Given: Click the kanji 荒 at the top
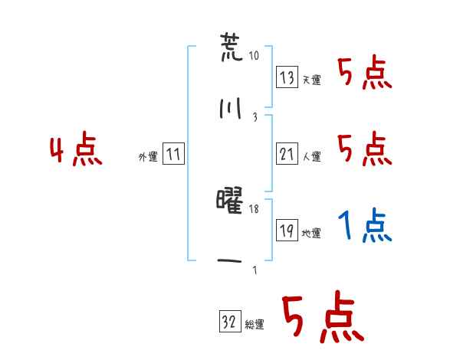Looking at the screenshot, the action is (232, 47).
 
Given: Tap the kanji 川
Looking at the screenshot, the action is (231, 108).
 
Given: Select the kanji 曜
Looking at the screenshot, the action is (229, 201).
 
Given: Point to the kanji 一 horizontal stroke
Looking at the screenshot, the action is (229, 260).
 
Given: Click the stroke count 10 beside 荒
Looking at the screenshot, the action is (254, 55).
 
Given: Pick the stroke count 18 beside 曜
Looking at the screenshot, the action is (254, 209).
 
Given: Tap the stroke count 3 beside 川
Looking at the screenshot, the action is (255, 117).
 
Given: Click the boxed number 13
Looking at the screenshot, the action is (287, 77).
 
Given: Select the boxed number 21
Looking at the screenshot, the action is (287, 154).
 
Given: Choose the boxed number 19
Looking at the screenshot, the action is (287, 230).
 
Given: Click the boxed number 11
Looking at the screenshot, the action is (173, 154).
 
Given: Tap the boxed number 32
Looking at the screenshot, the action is (230, 321).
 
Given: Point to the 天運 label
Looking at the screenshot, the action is (311, 80).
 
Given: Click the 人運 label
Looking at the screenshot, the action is (311, 156).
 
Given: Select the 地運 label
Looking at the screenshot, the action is (311, 233).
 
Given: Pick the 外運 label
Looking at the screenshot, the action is (148, 157).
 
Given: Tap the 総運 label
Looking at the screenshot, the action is (255, 325).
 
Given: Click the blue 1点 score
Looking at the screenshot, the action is (365, 225).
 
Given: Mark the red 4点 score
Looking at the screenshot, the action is (76, 149).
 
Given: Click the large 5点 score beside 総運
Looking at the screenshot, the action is (324, 316).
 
